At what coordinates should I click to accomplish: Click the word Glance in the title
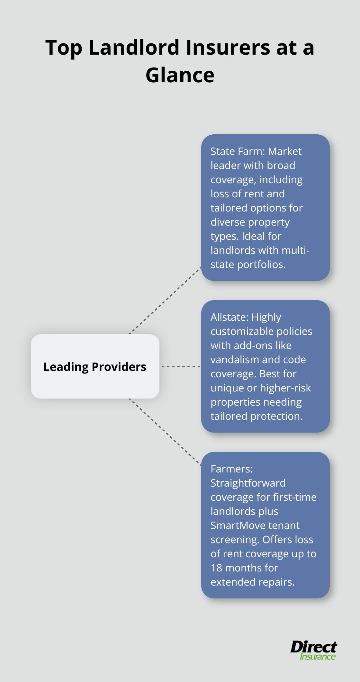coord(180,75)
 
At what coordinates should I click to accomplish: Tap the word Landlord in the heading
coord(134,48)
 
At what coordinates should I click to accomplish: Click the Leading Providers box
coord(95,366)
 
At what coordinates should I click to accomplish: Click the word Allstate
coord(230,317)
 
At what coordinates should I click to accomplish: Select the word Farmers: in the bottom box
coord(231,469)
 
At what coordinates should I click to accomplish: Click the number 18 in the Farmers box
coord(216,568)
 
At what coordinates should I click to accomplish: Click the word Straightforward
coord(248,483)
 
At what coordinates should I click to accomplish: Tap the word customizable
coord(242,331)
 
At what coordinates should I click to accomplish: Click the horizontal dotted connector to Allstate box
coord(180,366)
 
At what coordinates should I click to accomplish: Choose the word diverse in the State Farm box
coord(228,222)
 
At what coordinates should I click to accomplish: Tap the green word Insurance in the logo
coord(318,657)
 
